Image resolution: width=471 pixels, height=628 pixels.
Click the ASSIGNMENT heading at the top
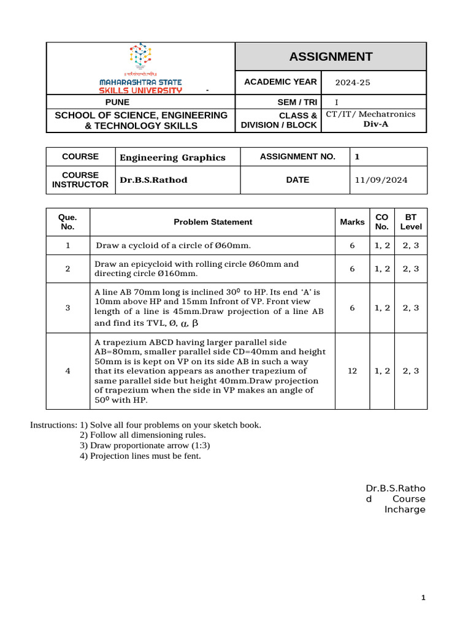(x=331, y=57)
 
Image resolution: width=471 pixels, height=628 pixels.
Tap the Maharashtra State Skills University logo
(x=140, y=68)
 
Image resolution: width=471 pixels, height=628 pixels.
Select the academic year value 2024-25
(x=353, y=83)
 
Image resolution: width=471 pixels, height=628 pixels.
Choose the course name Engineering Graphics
(x=172, y=158)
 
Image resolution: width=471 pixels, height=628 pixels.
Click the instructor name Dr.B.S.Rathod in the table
(x=153, y=180)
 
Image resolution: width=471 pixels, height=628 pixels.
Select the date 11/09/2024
(x=381, y=180)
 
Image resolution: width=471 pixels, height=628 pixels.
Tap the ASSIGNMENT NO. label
(x=297, y=156)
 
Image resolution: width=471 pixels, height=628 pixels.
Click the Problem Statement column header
(x=213, y=222)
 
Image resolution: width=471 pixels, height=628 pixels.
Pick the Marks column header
(x=352, y=222)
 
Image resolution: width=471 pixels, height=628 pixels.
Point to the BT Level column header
(x=411, y=222)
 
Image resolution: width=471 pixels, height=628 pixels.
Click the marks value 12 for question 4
(x=352, y=371)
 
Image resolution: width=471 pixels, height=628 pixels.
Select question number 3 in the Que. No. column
(x=67, y=308)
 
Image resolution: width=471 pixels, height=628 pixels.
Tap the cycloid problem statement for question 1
(x=174, y=245)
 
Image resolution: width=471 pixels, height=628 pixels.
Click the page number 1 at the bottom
(x=423, y=598)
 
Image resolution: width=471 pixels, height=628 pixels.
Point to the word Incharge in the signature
(x=405, y=510)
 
